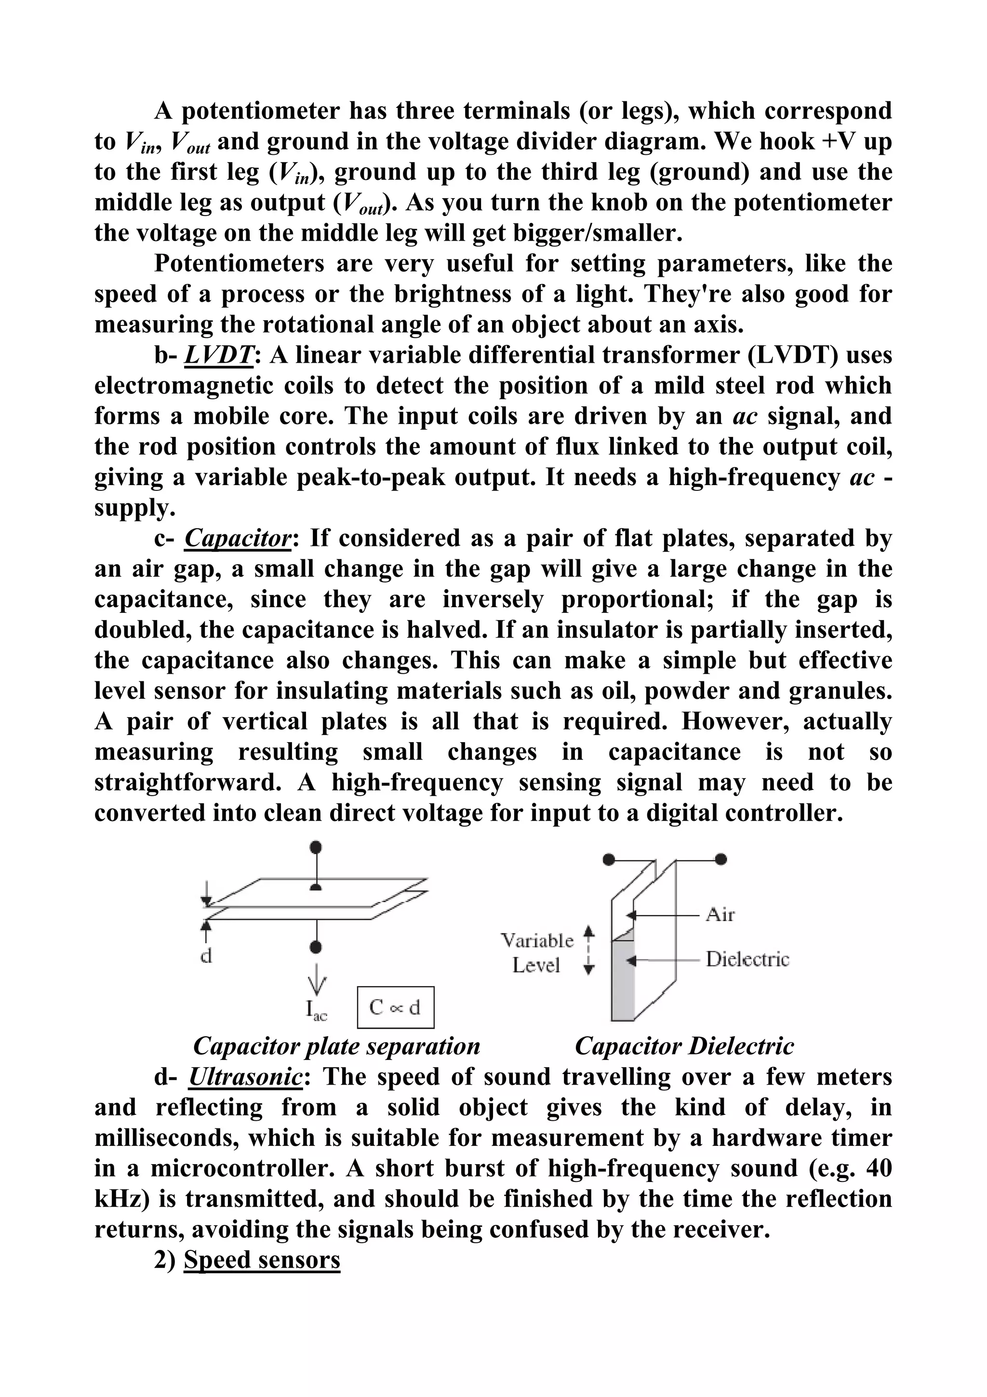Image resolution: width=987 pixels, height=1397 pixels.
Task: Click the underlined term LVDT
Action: point(218,355)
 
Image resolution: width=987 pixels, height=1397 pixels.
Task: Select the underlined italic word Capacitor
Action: point(238,539)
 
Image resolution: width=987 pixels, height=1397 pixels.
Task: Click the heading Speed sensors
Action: point(262,1260)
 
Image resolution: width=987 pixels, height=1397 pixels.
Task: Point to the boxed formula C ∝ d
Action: point(395,1007)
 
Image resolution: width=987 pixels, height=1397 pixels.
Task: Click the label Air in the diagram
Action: point(720,914)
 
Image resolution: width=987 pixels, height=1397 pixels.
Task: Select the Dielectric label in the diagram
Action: point(747,960)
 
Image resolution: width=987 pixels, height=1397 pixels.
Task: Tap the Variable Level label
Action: point(537,953)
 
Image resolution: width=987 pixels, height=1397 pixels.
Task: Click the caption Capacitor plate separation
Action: point(336,1046)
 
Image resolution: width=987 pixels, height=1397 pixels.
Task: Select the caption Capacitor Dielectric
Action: point(684,1046)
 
